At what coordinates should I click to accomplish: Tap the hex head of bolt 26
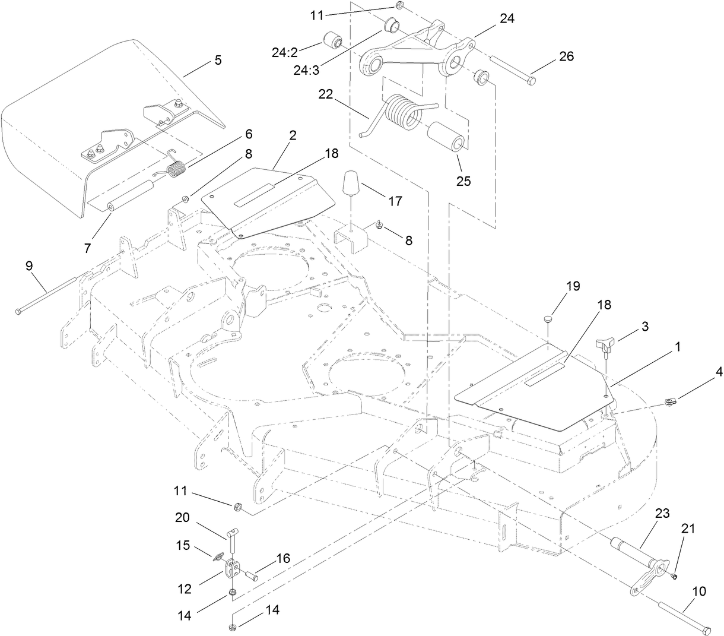point(531,81)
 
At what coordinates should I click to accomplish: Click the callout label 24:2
point(285,52)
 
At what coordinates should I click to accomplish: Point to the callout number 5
point(218,60)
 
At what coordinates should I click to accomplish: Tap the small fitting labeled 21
point(675,575)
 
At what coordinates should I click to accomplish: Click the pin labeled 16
point(253,574)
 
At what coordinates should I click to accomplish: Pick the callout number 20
point(183,517)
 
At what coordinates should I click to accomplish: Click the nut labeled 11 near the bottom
point(236,507)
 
